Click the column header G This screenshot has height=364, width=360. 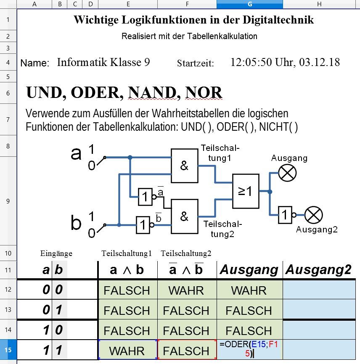point(250,4)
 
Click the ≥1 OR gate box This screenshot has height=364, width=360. point(246,191)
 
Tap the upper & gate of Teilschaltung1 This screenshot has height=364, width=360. point(184,166)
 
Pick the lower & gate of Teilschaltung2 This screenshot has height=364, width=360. point(184,216)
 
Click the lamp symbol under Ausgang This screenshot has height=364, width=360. point(288,172)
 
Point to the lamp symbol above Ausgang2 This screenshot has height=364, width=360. point(314,216)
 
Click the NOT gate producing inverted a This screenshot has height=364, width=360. point(145,197)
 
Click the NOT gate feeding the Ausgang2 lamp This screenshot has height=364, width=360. point(285,215)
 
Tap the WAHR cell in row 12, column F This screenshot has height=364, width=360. point(186,290)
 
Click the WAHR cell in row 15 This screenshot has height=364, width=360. point(127,351)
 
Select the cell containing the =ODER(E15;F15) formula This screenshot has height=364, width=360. point(250,349)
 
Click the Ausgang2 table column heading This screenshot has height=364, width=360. point(318,270)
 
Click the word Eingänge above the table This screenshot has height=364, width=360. point(56,253)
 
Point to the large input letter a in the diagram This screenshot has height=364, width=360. point(76,154)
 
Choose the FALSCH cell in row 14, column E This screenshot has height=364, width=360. point(127,331)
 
